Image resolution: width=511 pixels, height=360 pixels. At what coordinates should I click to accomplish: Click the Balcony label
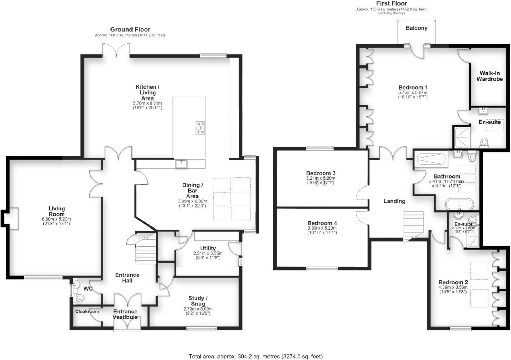(x=416, y=28)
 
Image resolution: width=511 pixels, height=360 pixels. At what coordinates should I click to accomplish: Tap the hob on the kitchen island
(x=200, y=128)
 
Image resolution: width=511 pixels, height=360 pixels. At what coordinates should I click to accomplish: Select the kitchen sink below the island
(x=181, y=164)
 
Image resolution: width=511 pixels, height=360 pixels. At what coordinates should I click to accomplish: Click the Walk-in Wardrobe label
(x=489, y=76)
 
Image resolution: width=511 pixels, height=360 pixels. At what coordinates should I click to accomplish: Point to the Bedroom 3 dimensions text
(x=321, y=181)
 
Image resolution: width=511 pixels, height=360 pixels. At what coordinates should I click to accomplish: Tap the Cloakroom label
(x=87, y=311)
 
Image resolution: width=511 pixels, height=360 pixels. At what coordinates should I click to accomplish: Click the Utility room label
(x=208, y=248)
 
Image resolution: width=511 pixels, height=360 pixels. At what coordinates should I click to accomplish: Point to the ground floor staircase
(x=146, y=249)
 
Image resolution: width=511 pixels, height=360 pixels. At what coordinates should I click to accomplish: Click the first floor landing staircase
(x=413, y=226)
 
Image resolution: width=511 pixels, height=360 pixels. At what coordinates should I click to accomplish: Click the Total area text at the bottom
(x=256, y=356)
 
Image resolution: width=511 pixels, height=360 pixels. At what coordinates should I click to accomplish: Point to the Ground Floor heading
(x=130, y=29)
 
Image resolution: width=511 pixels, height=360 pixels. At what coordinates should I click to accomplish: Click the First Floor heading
(x=392, y=3)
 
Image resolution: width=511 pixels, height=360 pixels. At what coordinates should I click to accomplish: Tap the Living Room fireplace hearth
(x=11, y=218)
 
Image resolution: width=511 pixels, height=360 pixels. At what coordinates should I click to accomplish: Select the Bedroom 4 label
(x=322, y=223)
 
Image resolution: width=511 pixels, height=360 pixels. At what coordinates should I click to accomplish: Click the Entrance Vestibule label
(x=125, y=314)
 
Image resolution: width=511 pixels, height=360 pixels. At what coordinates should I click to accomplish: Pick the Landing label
(x=394, y=201)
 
